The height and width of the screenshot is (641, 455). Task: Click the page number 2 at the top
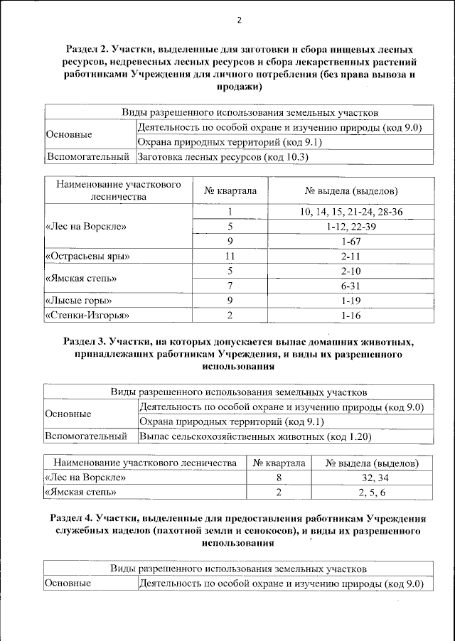[x=240, y=20]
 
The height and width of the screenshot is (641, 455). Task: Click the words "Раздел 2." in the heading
[x=88, y=50]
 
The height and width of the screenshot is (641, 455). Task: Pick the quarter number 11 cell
[x=230, y=256]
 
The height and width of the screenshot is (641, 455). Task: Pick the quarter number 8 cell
[x=279, y=478]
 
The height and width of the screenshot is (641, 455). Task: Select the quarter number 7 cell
[x=230, y=285]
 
